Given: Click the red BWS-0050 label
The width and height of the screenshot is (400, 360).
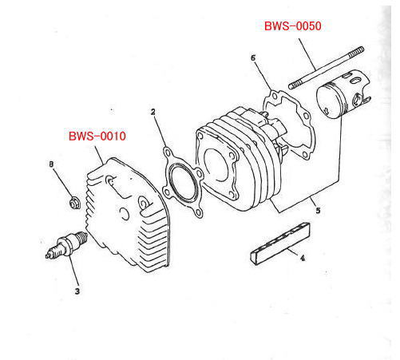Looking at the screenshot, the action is (292, 26).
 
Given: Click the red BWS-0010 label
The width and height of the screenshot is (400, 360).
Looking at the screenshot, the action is (97, 136).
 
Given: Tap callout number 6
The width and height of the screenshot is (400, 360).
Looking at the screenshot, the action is (253, 57).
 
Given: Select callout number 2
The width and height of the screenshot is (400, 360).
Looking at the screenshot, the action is (152, 112).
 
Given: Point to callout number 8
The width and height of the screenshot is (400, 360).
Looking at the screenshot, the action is (51, 164).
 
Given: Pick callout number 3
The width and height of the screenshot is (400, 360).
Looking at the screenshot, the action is (77, 291).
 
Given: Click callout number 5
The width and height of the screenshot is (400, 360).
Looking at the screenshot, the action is (318, 211).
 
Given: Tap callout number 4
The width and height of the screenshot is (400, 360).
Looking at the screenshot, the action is (303, 258).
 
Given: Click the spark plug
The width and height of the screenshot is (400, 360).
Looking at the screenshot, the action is (66, 244).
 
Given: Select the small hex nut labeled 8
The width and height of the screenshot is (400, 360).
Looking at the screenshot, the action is (73, 204).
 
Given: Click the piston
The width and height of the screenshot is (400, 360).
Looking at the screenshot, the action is (343, 93).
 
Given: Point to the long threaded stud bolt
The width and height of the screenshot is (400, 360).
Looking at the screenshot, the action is (327, 68).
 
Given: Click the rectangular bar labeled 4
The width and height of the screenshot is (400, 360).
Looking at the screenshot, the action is (280, 243).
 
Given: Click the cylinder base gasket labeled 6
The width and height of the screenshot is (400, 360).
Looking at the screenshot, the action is (289, 124).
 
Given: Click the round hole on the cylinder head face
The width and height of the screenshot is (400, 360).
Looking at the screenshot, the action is (125, 214).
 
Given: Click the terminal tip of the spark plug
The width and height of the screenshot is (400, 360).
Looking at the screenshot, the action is (48, 256).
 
